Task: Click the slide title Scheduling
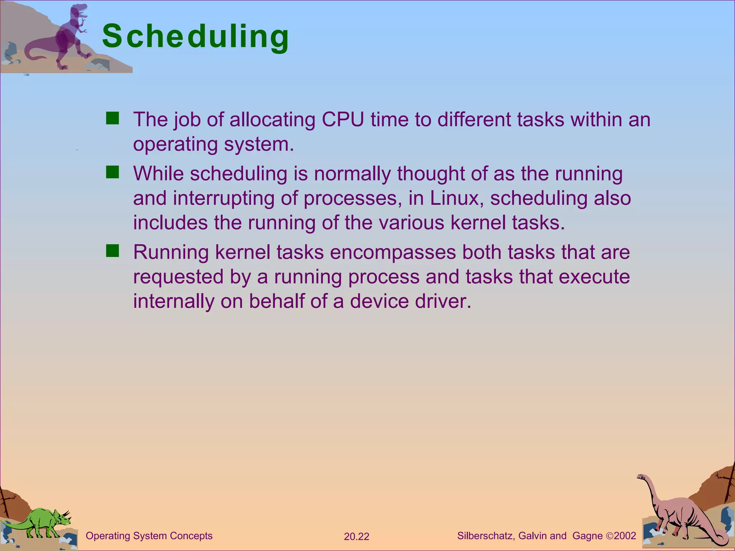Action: point(196,37)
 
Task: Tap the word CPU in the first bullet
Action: point(343,119)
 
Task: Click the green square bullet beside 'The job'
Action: point(112,118)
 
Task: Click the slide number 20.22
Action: point(356,537)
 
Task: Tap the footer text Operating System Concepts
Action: point(149,536)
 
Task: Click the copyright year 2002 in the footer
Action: point(625,536)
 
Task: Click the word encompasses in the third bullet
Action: point(393,253)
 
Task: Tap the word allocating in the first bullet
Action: point(272,120)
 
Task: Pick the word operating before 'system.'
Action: point(175,145)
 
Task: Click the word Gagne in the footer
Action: point(587,536)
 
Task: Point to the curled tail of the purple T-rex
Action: point(34,54)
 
